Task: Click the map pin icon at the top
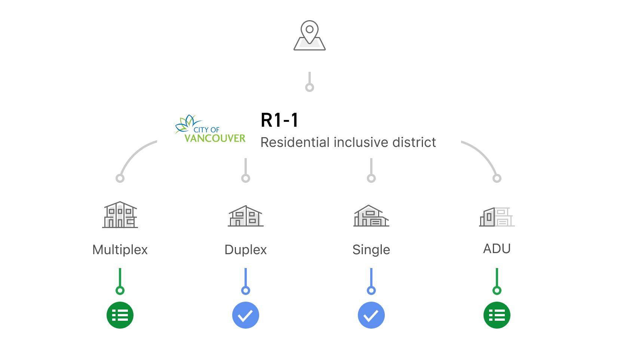click(x=309, y=35)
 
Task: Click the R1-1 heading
click(x=279, y=120)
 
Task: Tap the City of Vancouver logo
click(x=210, y=129)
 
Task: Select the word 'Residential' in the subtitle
click(x=295, y=142)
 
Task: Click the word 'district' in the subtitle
click(x=414, y=142)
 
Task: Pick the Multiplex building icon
click(x=120, y=215)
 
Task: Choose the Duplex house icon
click(x=245, y=216)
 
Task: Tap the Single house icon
click(x=371, y=216)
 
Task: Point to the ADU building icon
click(x=497, y=217)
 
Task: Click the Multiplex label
click(x=120, y=250)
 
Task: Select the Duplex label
click(x=245, y=250)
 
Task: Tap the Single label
click(x=371, y=250)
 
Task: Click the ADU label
click(x=497, y=249)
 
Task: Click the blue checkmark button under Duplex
click(x=245, y=315)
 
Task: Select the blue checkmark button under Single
click(x=371, y=315)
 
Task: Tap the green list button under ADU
click(x=497, y=315)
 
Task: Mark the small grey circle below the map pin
click(x=310, y=87)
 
